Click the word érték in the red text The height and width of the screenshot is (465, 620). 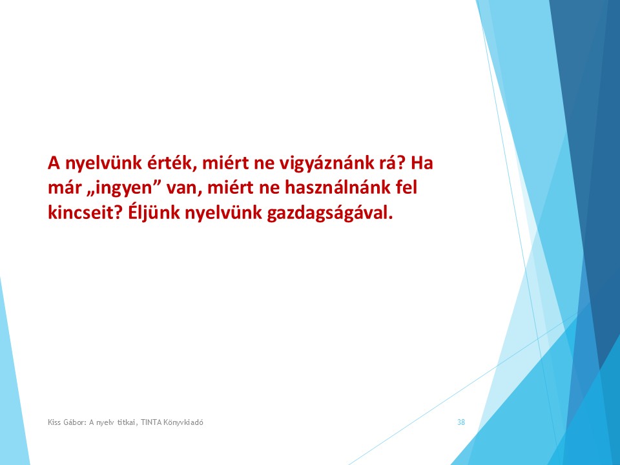coord(172,163)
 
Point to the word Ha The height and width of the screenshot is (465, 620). coord(422,163)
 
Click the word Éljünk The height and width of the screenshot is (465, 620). coord(154,212)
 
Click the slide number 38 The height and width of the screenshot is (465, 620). coord(461,422)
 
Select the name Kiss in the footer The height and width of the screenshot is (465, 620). coord(54,422)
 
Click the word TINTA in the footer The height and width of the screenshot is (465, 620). coord(151,422)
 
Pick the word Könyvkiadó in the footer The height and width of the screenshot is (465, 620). coord(183,422)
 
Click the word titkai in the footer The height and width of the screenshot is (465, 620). coord(127,422)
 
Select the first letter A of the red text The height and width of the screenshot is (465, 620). coord(54,163)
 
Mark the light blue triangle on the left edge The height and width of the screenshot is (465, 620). coord(11,387)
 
